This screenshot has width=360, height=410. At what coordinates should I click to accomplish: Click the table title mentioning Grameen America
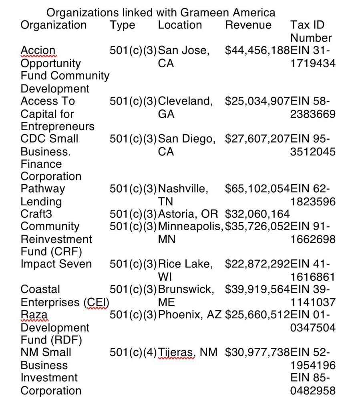(x=161, y=12)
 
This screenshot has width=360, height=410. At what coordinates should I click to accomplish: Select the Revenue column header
(x=248, y=25)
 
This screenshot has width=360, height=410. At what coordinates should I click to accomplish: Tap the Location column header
(x=180, y=25)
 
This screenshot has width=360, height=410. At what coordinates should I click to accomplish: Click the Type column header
(x=122, y=25)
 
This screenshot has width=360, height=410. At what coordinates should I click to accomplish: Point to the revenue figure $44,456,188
(x=257, y=50)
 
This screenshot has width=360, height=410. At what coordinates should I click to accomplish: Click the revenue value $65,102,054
(x=257, y=189)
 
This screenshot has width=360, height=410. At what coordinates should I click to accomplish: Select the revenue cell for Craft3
(x=257, y=214)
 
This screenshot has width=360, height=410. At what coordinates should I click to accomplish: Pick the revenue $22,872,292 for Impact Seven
(x=257, y=264)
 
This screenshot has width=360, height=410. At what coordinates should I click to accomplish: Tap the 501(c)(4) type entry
(x=133, y=353)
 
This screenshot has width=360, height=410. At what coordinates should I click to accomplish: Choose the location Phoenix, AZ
(x=190, y=315)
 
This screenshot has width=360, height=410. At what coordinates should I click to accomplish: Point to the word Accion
(x=38, y=50)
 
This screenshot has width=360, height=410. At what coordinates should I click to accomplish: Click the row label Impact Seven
(x=56, y=264)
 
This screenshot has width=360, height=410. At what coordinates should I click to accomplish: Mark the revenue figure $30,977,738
(x=257, y=353)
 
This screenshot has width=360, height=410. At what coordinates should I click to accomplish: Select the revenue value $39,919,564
(x=257, y=289)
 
